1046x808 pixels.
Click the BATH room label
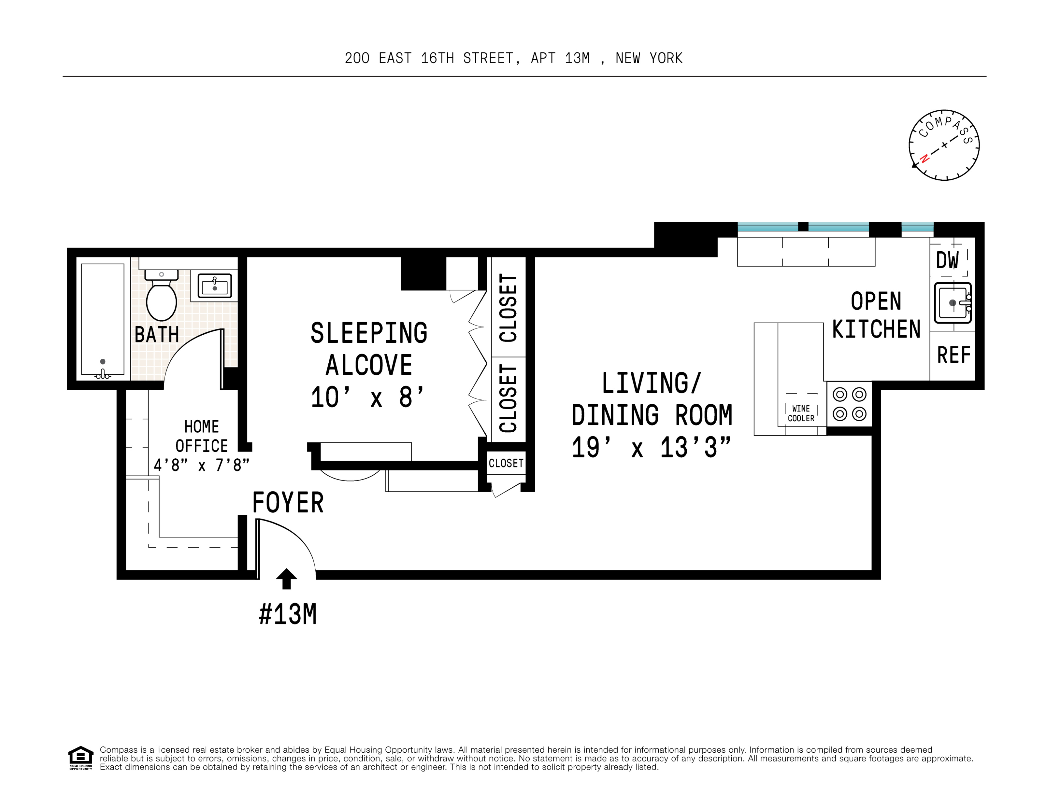157,335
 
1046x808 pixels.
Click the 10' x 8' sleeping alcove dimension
367,397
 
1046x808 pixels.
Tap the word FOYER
288,503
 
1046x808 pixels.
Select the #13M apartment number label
287,614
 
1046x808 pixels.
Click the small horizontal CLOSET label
506,463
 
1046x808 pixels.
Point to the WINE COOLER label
801,413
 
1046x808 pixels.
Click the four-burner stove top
849,404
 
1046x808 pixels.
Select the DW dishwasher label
947,261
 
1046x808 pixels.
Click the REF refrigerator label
953,355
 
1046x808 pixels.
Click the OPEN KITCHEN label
876,315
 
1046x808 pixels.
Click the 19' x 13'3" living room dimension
652,448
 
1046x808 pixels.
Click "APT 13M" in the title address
560,58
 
